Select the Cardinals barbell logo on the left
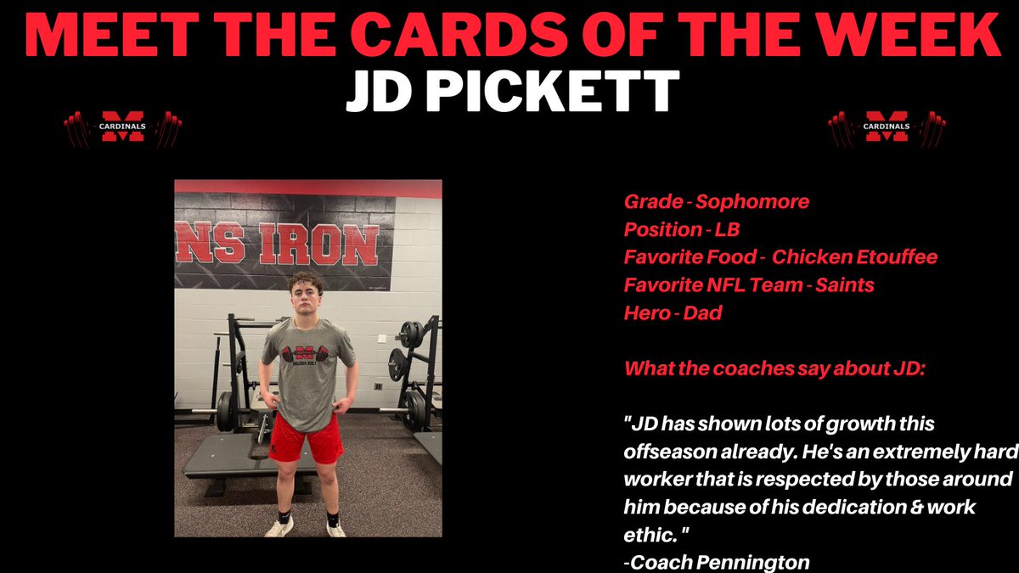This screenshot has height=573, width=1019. point(123,127)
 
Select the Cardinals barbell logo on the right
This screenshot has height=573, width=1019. point(887,127)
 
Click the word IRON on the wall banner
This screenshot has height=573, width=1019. point(326,244)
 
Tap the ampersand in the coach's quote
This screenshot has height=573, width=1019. point(915,507)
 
